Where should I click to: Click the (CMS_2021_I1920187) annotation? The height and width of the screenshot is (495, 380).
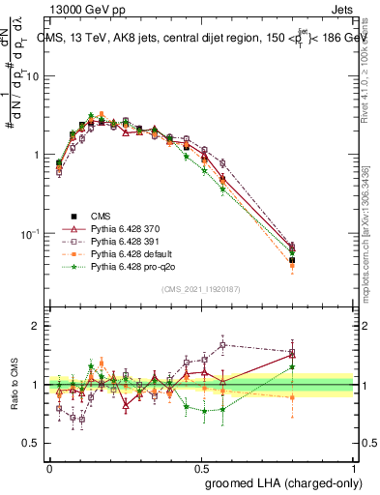[x=202, y=288]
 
